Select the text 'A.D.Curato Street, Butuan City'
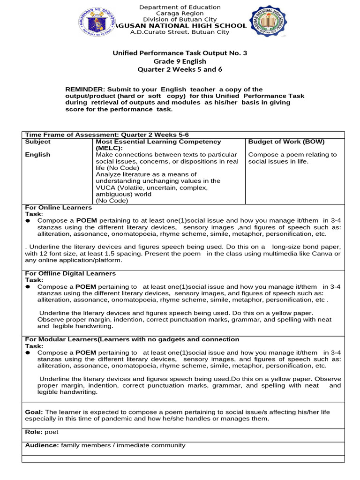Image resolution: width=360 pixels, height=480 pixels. (180, 32)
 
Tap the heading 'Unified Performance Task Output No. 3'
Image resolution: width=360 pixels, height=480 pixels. (180, 53)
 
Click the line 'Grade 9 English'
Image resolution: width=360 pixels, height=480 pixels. (180, 61)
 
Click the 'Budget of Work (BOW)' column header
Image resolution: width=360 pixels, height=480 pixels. (286, 142)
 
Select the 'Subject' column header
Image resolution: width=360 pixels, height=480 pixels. (37, 142)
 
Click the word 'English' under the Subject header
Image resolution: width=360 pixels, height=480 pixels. (37, 155)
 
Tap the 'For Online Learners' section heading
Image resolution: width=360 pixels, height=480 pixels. (58, 207)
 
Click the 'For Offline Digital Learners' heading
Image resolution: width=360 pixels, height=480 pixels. (70, 273)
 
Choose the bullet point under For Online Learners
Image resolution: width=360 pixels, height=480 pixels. (28, 221)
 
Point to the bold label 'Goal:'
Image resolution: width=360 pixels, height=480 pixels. (34, 412)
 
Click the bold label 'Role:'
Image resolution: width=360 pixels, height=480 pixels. (33, 432)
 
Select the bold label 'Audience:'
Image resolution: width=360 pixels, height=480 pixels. (42, 446)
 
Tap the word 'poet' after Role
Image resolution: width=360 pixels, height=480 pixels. (51, 432)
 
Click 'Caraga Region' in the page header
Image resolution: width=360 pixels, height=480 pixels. (180, 13)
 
